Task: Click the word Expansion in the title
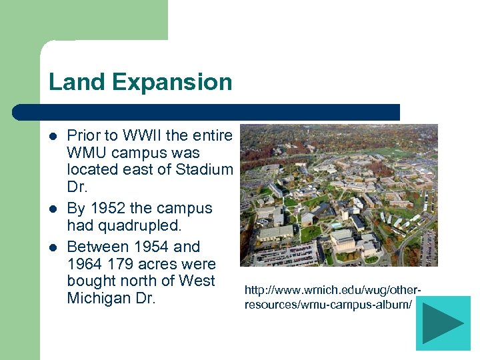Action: pyautogui.click(x=172, y=82)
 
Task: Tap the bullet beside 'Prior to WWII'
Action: pyautogui.click(x=53, y=137)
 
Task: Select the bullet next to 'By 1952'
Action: pyautogui.click(x=53, y=209)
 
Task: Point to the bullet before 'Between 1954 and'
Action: pyautogui.click(x=53, y=247)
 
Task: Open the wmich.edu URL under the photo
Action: pyautogui.click(x=333, y=297)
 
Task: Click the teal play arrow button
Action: pyautogui.click(x=443, y=323)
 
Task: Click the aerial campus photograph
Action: pyautogui.click(x=338, y=195)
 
